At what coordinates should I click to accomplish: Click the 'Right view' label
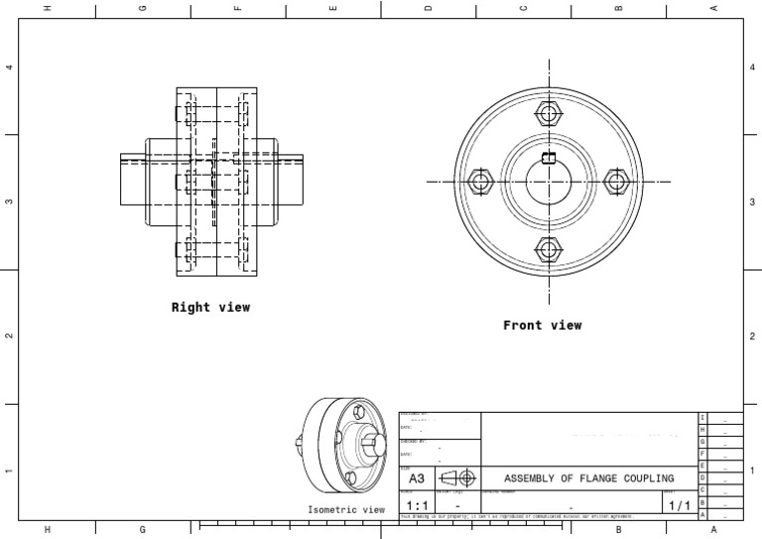210,308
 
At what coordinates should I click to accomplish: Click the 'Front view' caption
542,326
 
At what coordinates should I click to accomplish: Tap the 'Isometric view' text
345,510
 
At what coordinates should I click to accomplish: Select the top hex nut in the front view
549,113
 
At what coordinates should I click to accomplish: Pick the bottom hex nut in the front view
549,250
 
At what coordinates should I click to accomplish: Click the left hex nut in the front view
480,182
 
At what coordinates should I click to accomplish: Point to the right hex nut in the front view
617,182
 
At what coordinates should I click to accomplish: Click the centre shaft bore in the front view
549,184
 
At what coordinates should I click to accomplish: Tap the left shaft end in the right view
133,180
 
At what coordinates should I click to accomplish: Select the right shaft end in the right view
290,180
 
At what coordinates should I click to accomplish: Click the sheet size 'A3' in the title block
417,478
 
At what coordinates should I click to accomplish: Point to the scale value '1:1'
418,506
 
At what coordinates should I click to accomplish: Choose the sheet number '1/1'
680,506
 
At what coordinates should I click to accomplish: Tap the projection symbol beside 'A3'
457,478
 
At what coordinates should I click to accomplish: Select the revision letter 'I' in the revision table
702,418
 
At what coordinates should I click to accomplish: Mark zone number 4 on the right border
752,67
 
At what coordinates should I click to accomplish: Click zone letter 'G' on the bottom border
143,530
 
